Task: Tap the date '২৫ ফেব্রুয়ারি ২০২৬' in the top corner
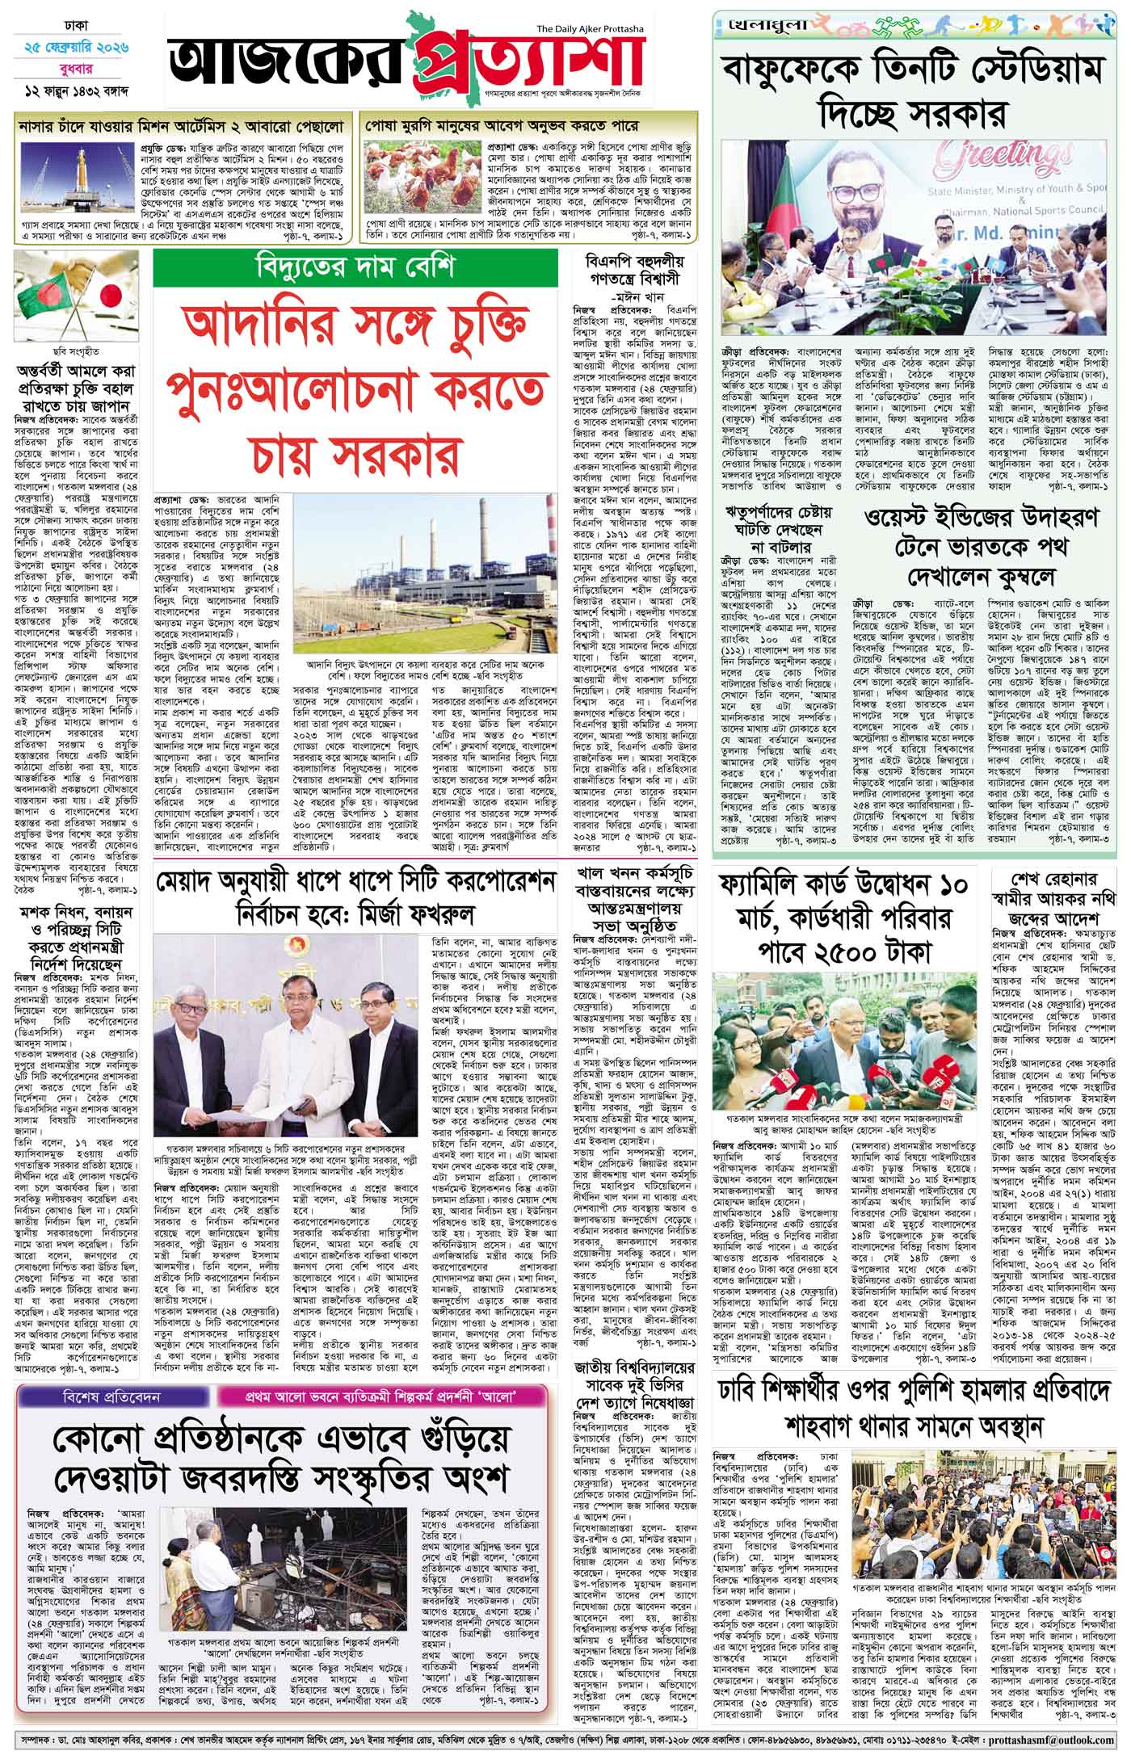coord(77,49)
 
